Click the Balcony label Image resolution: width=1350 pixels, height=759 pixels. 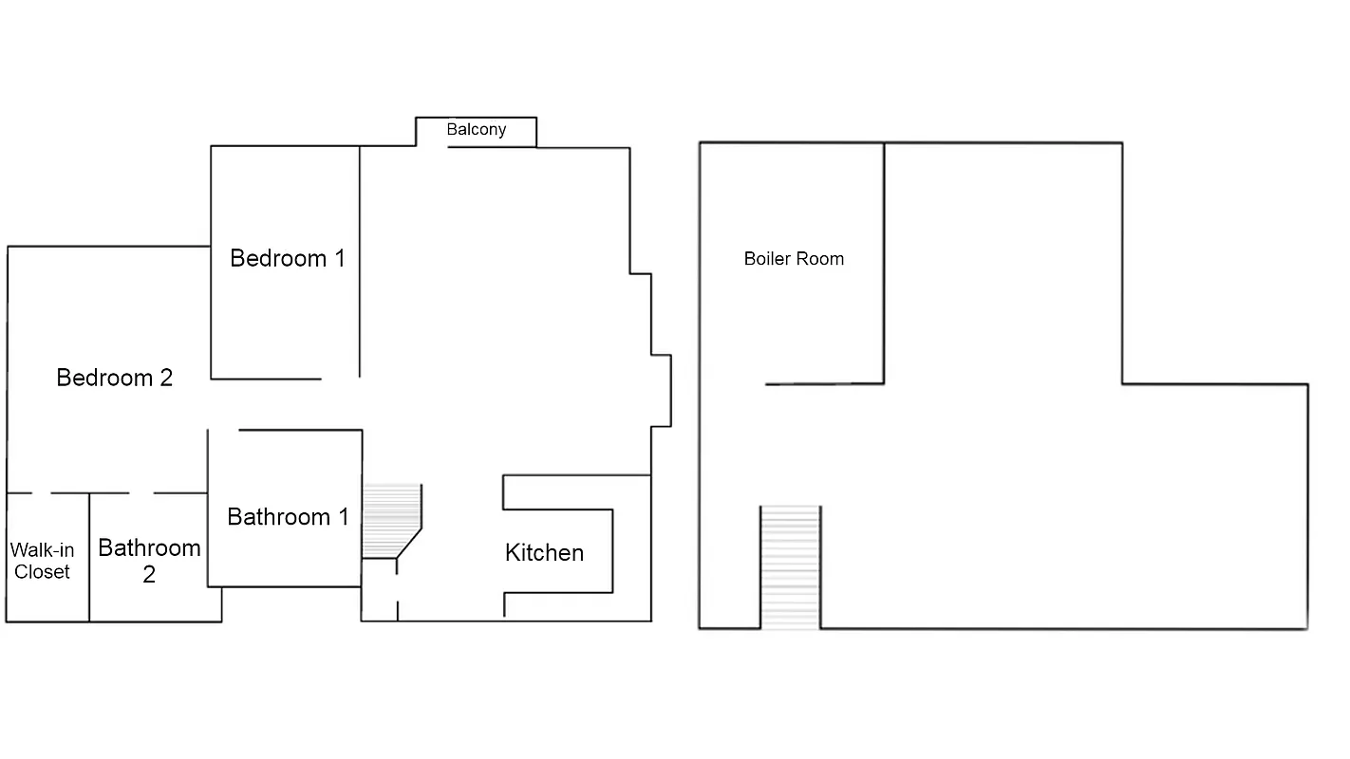[x=476, y=130]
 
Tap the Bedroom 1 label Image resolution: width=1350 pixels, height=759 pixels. [x=288, y=258]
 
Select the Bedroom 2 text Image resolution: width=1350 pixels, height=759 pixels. [x=114, y=378]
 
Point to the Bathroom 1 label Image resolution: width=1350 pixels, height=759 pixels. [x=288, y=517]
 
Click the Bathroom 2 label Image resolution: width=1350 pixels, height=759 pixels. [x=149, y=561]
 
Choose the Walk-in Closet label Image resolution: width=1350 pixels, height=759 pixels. [x=42, y=561]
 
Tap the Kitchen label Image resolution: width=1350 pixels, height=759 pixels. [x=544, y=553]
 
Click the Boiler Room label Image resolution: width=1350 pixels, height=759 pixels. [x=794, y=259]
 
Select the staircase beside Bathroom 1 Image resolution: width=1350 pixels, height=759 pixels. [x=390, y=520]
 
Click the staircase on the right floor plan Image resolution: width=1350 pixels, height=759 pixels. [x=790, y=567]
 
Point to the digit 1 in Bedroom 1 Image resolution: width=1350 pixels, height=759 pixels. [x=339, y=258]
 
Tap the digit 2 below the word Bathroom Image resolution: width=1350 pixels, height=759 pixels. [x=149, y=574]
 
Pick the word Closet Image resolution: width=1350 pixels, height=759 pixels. [x=42, y=572]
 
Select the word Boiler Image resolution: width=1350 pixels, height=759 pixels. [x=767, y=259]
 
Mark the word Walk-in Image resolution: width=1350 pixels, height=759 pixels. [x=42, y=550]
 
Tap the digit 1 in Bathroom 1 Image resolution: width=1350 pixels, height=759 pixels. [x=343, y=517]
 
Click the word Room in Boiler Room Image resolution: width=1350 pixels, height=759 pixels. [x=820, y=259]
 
